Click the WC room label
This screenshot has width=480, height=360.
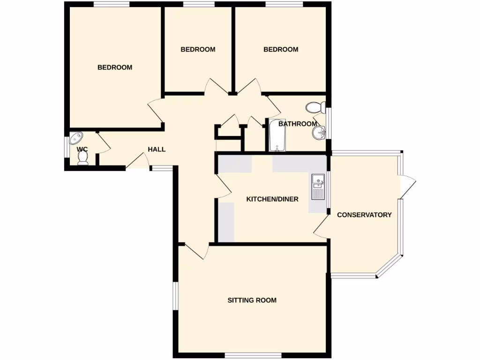tap(82, 150)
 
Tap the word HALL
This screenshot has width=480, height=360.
tap(157, 150)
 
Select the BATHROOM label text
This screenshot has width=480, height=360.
tap(298, 124)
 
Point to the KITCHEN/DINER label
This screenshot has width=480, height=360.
tap(272, 199)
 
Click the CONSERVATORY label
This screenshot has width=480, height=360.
tap(364, 215)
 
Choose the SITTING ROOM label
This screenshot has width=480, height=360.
tap(252, 300)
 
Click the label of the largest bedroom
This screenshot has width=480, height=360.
tap(115, 67)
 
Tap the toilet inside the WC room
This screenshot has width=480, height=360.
tap(83, 159)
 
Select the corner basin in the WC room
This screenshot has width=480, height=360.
tap(75, 139)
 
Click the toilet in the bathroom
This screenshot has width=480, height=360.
tap(315, 108)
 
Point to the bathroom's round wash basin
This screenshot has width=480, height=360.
tap(319, 133)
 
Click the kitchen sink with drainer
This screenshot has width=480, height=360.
tap(318, 186)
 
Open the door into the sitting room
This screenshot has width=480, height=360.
tap(197, 251)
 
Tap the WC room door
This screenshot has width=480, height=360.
tap(103, 143)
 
